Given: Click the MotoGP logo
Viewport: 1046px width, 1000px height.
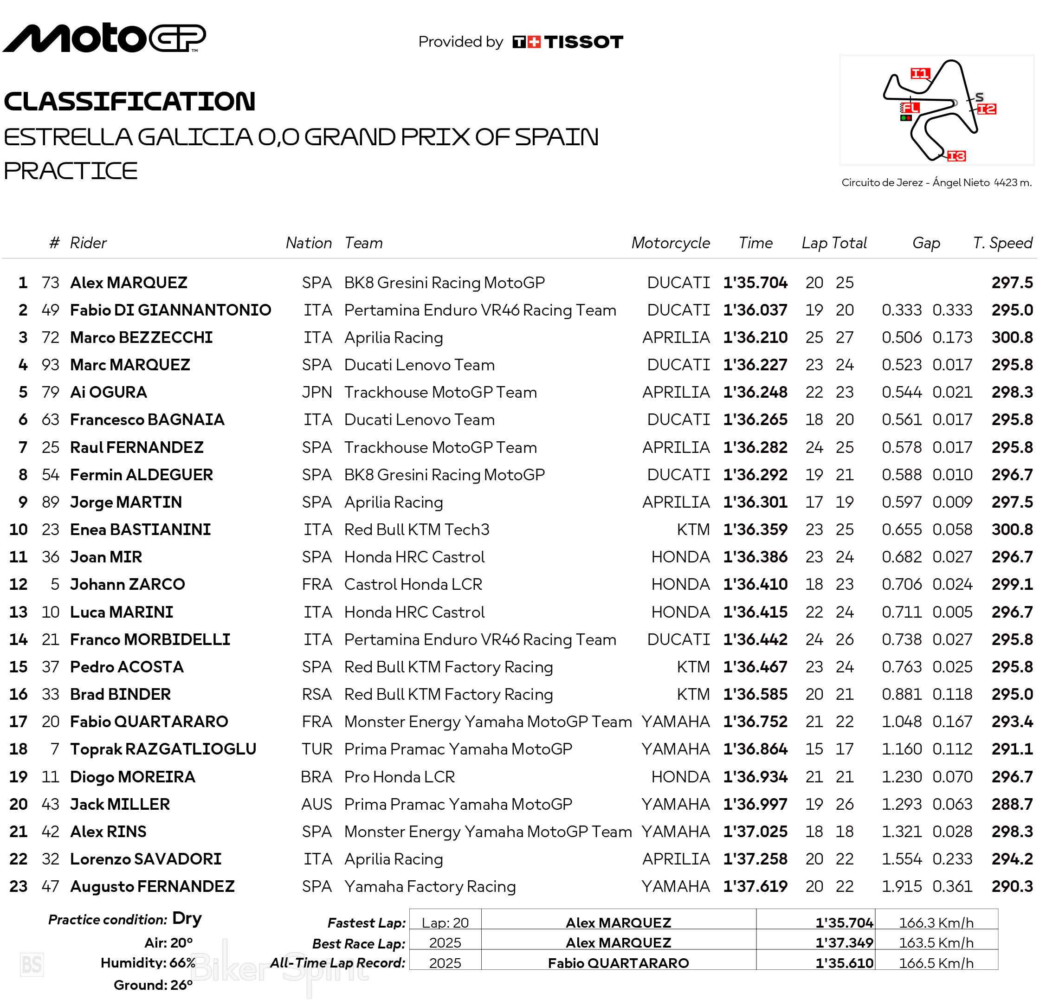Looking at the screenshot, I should click(x=104, y=38).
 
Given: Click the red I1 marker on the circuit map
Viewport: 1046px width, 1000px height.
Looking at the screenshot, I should click(x=920, y=74).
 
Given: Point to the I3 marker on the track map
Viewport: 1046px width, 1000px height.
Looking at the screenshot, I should click(x=956, y=155).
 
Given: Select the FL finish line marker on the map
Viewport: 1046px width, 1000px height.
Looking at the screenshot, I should click(x=910, y=108).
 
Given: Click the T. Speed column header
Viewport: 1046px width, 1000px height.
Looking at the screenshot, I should click(x=1002, y=243).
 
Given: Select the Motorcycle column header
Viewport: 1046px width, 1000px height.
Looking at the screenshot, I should click(x=670, y=243).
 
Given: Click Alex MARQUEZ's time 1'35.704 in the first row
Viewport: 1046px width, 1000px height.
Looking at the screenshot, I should click(x=755, y=283).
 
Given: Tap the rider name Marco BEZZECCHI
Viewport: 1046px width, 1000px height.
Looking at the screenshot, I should click(x=141, y=337).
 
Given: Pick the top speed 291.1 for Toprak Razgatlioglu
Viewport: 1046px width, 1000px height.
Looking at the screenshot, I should click(x=1012, y=749).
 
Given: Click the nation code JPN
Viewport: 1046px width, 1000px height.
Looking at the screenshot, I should click(x=316, y=392).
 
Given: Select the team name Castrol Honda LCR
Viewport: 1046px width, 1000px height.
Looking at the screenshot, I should click(x=413, y=584).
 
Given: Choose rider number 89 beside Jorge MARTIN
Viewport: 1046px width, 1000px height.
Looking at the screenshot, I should click(x=51, y=502).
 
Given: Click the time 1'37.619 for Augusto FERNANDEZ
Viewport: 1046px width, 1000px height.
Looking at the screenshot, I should click(x=755, y=886).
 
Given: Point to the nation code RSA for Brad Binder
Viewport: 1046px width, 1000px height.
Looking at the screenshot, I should click(x=316, y=694).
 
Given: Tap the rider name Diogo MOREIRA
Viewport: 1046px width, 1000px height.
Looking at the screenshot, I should click(x=133, y=777).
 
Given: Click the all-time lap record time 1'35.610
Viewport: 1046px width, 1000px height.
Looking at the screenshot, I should click(x=844, y=963).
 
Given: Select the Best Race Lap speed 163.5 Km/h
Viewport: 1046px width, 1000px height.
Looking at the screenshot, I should click(x=936, y=942).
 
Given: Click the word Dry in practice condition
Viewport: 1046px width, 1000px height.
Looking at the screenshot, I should click(x=187, y=918).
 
